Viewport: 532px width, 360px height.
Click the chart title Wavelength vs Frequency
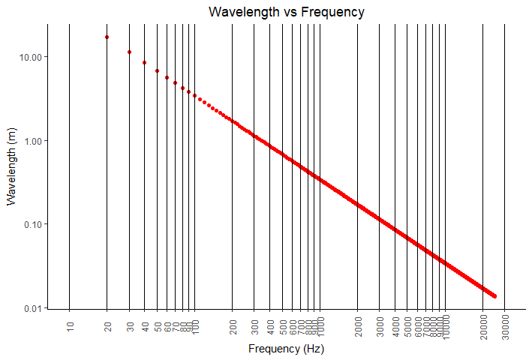pyautogui.click(x=287, y=12)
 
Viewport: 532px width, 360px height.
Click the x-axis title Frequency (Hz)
pyautogui.click(x=286, y=349)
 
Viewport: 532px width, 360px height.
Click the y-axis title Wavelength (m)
pyautogui.click(x=11, y=166)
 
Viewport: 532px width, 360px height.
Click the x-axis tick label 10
pyautogui.click(x=70, y=326)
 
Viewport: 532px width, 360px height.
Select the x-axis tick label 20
pyautogui.click(x=107, y=326)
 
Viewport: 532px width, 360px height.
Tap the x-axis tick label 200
pyautogui.click(x=233, y=328)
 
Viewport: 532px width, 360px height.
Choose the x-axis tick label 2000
pyautogui.click(x=358, y=330)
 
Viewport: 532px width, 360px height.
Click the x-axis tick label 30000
pyautogui.click(x=505, y=331)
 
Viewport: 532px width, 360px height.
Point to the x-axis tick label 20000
pyautogui.click(x=483, y=331)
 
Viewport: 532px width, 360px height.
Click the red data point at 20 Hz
pyautogui.click(x=107, y=37)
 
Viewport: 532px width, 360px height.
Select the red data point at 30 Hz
pyautogui.click(x=129, y=52)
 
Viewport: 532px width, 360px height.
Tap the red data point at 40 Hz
pyautogui.click(x=145, y=62)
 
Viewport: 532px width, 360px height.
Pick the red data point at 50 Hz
pyautogui.click(x=157, y=70)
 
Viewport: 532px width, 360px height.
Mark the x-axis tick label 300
pyautogui.click(x=254, y=328)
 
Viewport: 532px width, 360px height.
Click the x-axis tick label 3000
pyautogui.click(x=380, y=330)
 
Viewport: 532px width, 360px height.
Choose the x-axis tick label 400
pyautogui.click(x=270, y=328)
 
